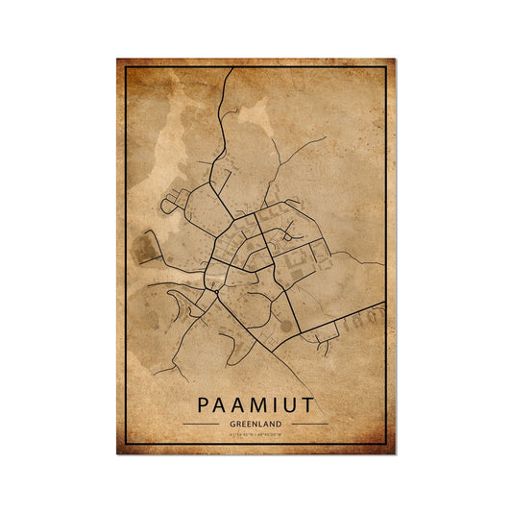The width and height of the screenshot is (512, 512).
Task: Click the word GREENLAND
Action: (256, 424)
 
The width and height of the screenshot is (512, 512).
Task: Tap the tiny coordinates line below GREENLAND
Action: (256, 434)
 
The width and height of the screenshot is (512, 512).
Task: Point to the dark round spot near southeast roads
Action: (284, 327)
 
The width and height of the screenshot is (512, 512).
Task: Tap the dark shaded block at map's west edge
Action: (143, 248)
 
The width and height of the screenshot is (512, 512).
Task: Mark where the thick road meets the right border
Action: (384, 306)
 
